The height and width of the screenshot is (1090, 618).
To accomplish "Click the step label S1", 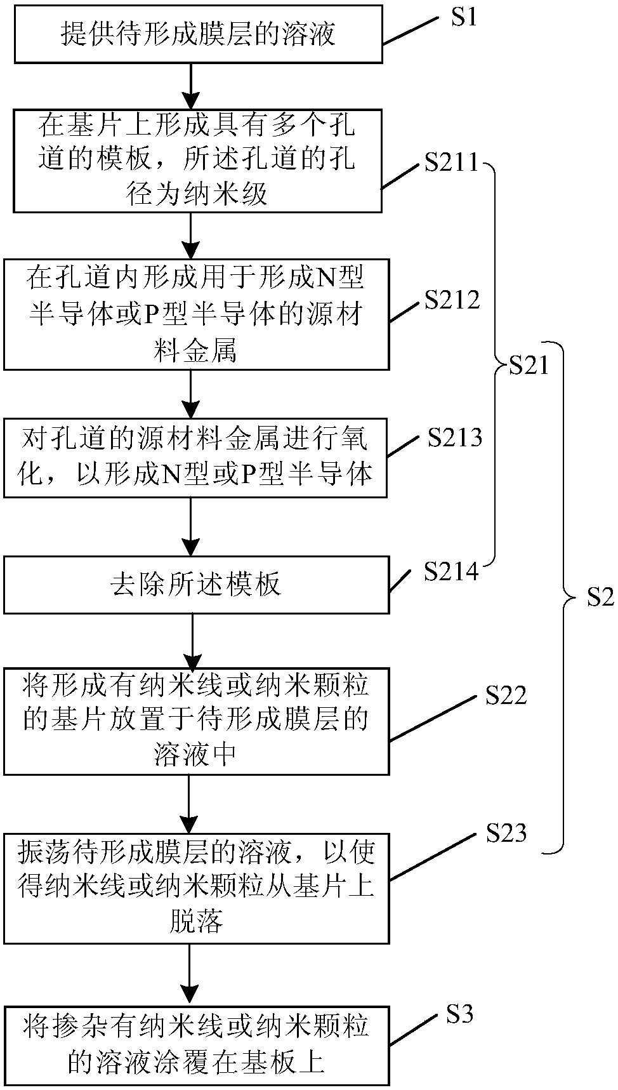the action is (x=464, y=17).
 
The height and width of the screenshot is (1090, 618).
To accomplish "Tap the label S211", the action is (x=452, y=163).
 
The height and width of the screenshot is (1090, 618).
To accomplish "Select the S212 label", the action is (x=452, y=300).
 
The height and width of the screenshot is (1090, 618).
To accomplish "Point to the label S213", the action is (x=455, y=437).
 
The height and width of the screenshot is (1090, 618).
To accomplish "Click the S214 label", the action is (x=451, y=572).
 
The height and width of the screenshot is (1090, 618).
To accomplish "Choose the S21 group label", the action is (x=529, y=366).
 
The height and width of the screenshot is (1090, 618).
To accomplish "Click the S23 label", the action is (x=506, y=833).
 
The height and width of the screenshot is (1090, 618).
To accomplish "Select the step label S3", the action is (x=460, y=1015).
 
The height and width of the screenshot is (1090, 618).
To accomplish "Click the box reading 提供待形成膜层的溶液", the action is (x=198, y=34).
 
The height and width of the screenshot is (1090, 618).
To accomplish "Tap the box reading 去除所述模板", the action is (x=196, y=585).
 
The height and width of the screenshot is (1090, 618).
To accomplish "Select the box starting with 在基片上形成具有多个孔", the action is (x=197, y=161).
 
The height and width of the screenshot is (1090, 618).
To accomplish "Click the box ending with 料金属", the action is (x=196, y=314).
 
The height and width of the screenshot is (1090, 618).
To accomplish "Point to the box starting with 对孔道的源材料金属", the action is (x=195, y=457).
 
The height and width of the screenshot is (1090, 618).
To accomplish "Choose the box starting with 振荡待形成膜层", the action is (x=196, y=888).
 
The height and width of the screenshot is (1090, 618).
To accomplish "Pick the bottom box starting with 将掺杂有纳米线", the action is (x=196, y=1044).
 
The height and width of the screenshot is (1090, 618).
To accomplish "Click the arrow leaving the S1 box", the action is (x=190, y=86).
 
